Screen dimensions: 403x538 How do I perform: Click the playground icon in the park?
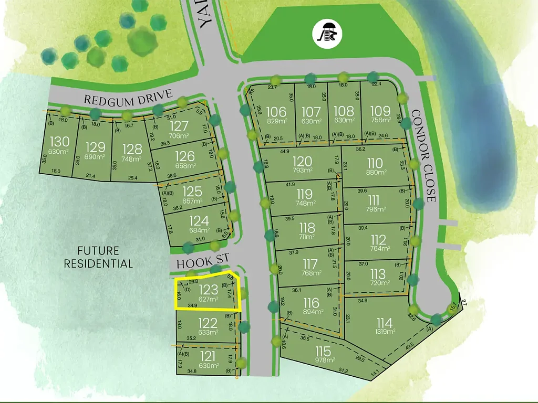[x=327, y=33]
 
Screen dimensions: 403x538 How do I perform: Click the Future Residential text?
[x=98, y=257]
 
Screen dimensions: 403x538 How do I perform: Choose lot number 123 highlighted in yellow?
[x=209, y=289]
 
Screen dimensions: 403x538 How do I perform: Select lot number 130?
[x=58, y=142]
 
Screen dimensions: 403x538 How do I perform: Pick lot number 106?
[x=276, y=112]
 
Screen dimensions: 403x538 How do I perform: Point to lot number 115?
[x=323, y=351]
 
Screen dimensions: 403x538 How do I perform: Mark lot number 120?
[x=302, y=161]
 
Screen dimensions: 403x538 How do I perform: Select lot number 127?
[x=179, y=126]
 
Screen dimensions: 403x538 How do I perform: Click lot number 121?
[x=209, y=356]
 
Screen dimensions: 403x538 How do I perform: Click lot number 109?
[x=380, y=111]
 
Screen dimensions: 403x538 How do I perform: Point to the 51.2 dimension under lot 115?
[x=343, y=371]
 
